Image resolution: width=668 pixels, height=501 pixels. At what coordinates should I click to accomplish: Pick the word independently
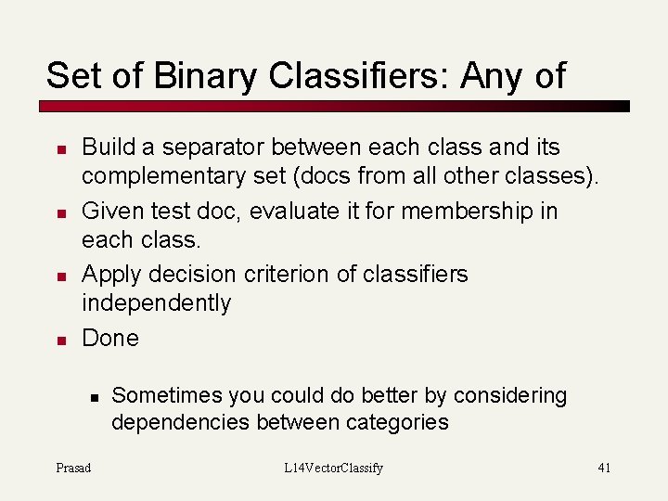point(156,302)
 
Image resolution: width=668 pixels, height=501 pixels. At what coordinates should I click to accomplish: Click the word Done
point(110,338)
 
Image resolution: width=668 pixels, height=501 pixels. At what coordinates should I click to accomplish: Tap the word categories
point(398,423)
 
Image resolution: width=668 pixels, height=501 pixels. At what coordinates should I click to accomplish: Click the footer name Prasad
point(73,468)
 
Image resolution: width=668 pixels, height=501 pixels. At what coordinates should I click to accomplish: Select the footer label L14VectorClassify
point(333,468)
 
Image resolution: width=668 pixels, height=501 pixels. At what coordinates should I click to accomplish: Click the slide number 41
point(604,468)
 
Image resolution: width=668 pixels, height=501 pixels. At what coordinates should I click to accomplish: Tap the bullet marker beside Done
point(59,340)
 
